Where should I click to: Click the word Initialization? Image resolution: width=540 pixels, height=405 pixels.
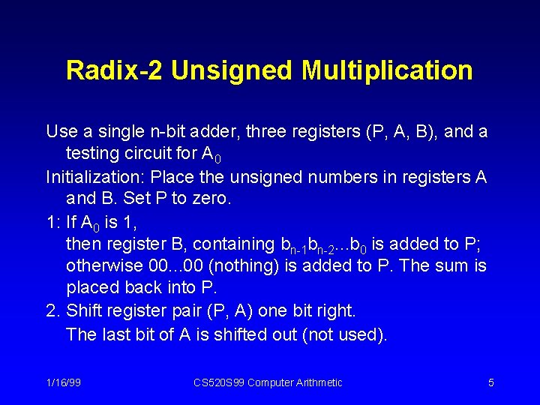tap(95, 177)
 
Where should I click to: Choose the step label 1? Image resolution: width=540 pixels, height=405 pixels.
tap(52, 222)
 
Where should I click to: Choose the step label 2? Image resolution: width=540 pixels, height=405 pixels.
tap(52, 311)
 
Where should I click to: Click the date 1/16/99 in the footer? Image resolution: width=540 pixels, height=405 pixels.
tap(63, 382)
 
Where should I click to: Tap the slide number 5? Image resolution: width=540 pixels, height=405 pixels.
tap(490, 382)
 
